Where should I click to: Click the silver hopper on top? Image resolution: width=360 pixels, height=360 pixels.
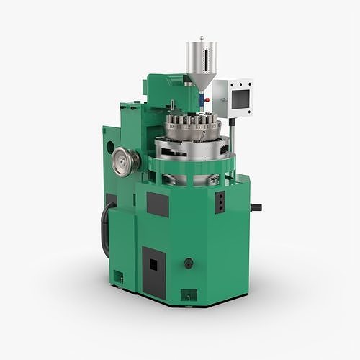point(201,57)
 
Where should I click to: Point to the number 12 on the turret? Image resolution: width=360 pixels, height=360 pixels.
point(188,127)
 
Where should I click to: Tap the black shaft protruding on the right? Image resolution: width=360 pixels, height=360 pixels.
point(256,207)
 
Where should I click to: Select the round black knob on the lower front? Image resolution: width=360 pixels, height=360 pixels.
point(189,263)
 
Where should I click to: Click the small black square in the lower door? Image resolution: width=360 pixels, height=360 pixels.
point(153,265)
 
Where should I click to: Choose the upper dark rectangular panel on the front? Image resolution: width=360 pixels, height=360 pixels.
point(158,204)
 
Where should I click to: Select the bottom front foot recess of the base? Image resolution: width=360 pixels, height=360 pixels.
point(188,294)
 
